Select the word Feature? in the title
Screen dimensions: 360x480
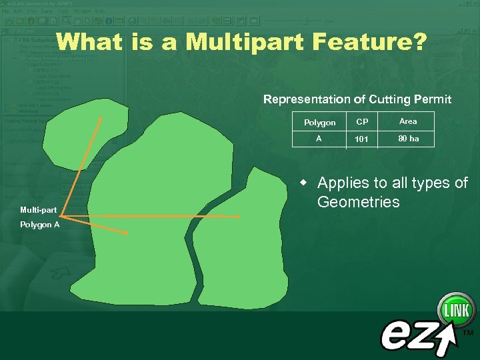click(376, 43)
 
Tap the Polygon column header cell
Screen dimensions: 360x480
click(319, 123)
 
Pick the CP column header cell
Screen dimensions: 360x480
click(362, 122)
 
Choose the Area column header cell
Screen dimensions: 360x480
click(407, 121)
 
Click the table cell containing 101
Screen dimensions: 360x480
click(362, 139)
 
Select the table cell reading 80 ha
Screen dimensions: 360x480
click(408, 139)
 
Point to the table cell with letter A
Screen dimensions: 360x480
click(319, 139)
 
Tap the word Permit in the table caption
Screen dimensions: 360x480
click(433, 99)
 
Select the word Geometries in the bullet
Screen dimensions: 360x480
click(358, 202)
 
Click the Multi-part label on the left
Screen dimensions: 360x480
click(38, 210)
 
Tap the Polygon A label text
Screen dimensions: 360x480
click(39, 225)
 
